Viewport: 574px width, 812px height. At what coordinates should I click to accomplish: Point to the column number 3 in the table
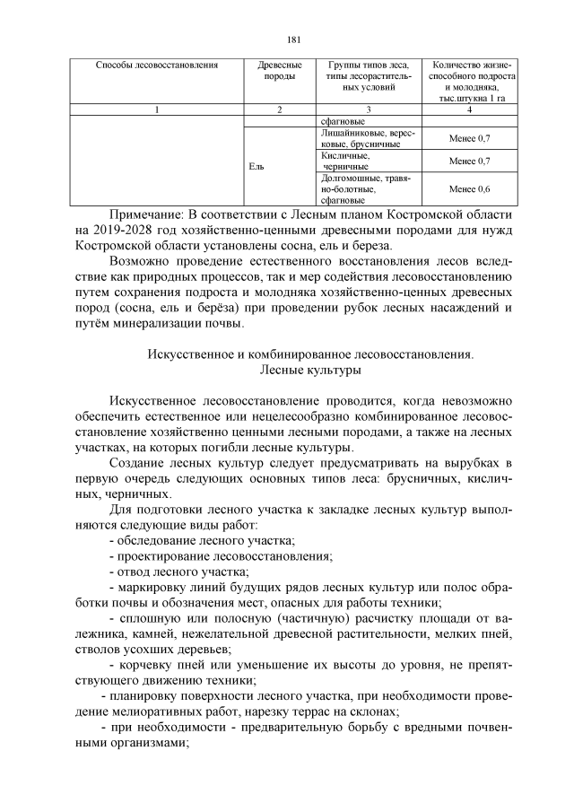coord(369,109)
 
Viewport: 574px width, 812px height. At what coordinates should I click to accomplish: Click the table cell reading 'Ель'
coord(256,166)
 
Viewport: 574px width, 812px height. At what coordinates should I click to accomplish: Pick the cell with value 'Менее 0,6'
coord(470,189)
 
